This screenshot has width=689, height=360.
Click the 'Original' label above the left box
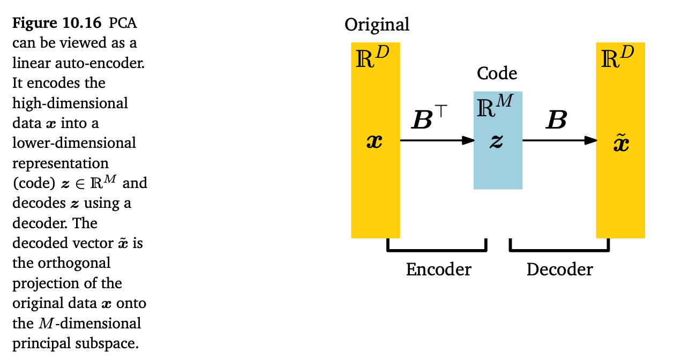(377, 25)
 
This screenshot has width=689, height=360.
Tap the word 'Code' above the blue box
(497, 73)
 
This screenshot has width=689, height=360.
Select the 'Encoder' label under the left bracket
(438, 269)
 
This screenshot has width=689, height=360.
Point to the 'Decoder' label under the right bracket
(559, 269)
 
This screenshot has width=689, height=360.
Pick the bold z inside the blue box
(497, 142)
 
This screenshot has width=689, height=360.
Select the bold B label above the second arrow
(556, 121)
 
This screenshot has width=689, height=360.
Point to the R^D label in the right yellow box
(617, 58)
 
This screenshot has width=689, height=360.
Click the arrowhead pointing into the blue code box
(468, 140)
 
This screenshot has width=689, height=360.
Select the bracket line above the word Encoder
(437, 249)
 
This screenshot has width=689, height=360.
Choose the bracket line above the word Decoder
(559, 249)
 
